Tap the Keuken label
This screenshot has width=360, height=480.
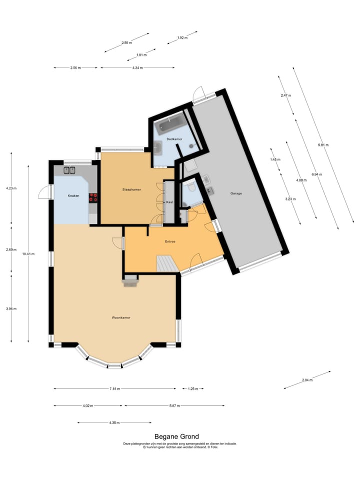[x=73, y=195]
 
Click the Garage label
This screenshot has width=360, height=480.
[x=236, y=193]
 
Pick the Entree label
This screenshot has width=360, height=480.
[x=170, y=241]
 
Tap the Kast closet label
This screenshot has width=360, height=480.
[x=169, y=202]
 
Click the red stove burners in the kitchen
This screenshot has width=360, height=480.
[x=93, y=197]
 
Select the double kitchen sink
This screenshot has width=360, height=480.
[x=69, y=170]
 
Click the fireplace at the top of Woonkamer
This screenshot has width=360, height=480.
[x=131, y=281]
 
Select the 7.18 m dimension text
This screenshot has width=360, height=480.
[x=114, y=388]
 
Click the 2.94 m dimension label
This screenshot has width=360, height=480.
[x=307, y=380]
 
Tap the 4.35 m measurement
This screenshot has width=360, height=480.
[x=114, y=423]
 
